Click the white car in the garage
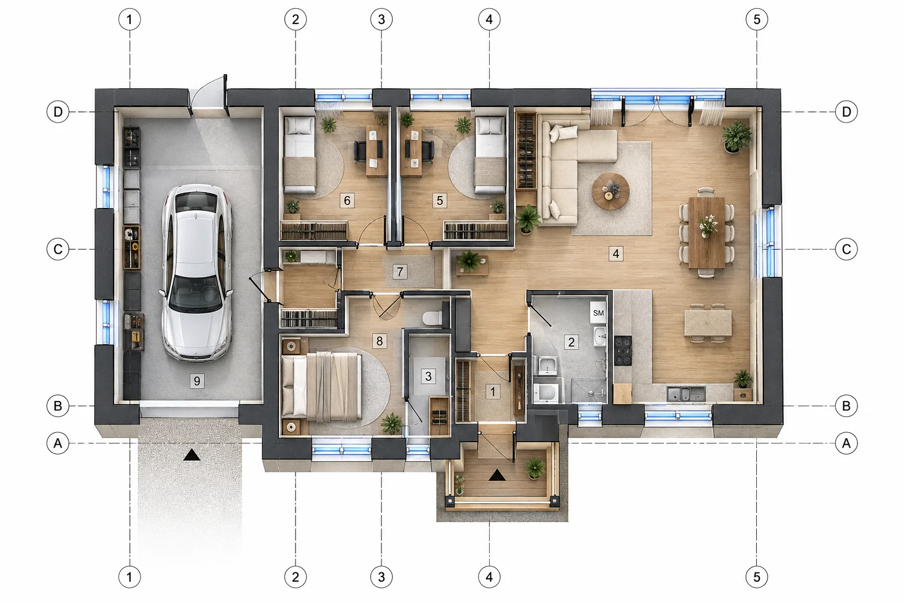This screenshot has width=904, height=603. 197,273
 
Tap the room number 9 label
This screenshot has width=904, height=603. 197,381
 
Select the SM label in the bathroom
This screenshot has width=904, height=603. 599,313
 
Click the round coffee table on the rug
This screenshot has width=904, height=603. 610,191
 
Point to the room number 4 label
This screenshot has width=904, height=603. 616,254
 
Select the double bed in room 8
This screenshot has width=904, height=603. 322,386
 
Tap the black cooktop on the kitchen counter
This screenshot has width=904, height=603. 623,350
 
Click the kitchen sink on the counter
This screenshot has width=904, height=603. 686,394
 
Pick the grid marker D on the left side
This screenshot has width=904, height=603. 58,111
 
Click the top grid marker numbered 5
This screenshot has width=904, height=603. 757,19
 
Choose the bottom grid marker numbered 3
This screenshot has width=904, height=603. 381,577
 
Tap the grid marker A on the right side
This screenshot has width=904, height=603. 846,443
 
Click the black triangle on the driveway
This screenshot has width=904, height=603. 192,455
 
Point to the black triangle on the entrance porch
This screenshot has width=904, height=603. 497,475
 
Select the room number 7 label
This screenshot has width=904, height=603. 400,272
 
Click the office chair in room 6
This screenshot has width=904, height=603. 360,151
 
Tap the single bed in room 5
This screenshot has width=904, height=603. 490,155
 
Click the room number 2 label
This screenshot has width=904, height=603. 571,342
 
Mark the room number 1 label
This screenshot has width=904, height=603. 493,392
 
